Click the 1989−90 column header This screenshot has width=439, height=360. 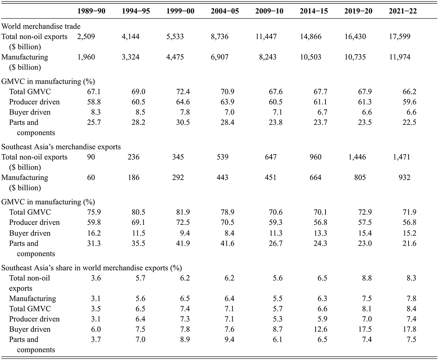click(x=91, y=11)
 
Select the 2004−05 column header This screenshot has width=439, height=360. click(x=225, y=11)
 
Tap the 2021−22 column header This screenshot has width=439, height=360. click(x=403, y=11)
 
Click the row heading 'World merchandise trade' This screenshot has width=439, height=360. click(x=41, y=26)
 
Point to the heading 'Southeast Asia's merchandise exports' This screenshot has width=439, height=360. click(x=61, y=147)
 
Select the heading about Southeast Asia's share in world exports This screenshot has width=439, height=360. click(x=92, y=268)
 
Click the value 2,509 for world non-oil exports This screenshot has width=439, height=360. click(x=86, y=37)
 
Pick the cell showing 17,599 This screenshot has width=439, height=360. click(x=400, y=37)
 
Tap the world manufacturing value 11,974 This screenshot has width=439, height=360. click(x=400, y=57)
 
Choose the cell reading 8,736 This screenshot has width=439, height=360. click(x=220, y=37)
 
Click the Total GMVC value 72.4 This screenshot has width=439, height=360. click(x=183, y=92)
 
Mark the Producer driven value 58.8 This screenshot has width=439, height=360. click(x=94, y=102)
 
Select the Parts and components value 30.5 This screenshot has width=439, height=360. click(x=183, y=122)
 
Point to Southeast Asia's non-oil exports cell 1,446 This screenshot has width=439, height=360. click(x=357, y=157)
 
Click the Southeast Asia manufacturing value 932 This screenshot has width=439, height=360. click(x=404, y=177)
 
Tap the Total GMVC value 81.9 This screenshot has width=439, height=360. click(x=183, y=212)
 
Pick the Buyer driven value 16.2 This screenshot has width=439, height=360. click(x=94, y=233)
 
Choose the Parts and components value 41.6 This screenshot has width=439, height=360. click(x=227, y=244)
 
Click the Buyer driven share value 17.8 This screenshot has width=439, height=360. click(x=410, y=329)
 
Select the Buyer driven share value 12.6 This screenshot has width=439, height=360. click(x=321, y=329)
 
